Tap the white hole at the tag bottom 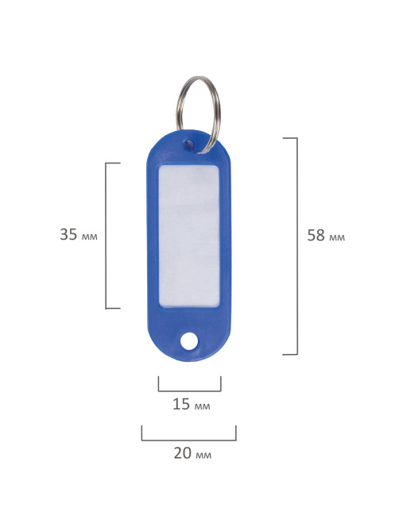tap(189, 341)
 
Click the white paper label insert tap(189, 236)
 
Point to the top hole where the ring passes tap(189, 145)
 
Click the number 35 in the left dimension tap(68, 234)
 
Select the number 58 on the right tap(316, 236)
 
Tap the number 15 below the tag tap(181, 404)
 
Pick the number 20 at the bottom tap(183, 453)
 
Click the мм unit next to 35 tap(90, 237)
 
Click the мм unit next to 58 tap(337, 238)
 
